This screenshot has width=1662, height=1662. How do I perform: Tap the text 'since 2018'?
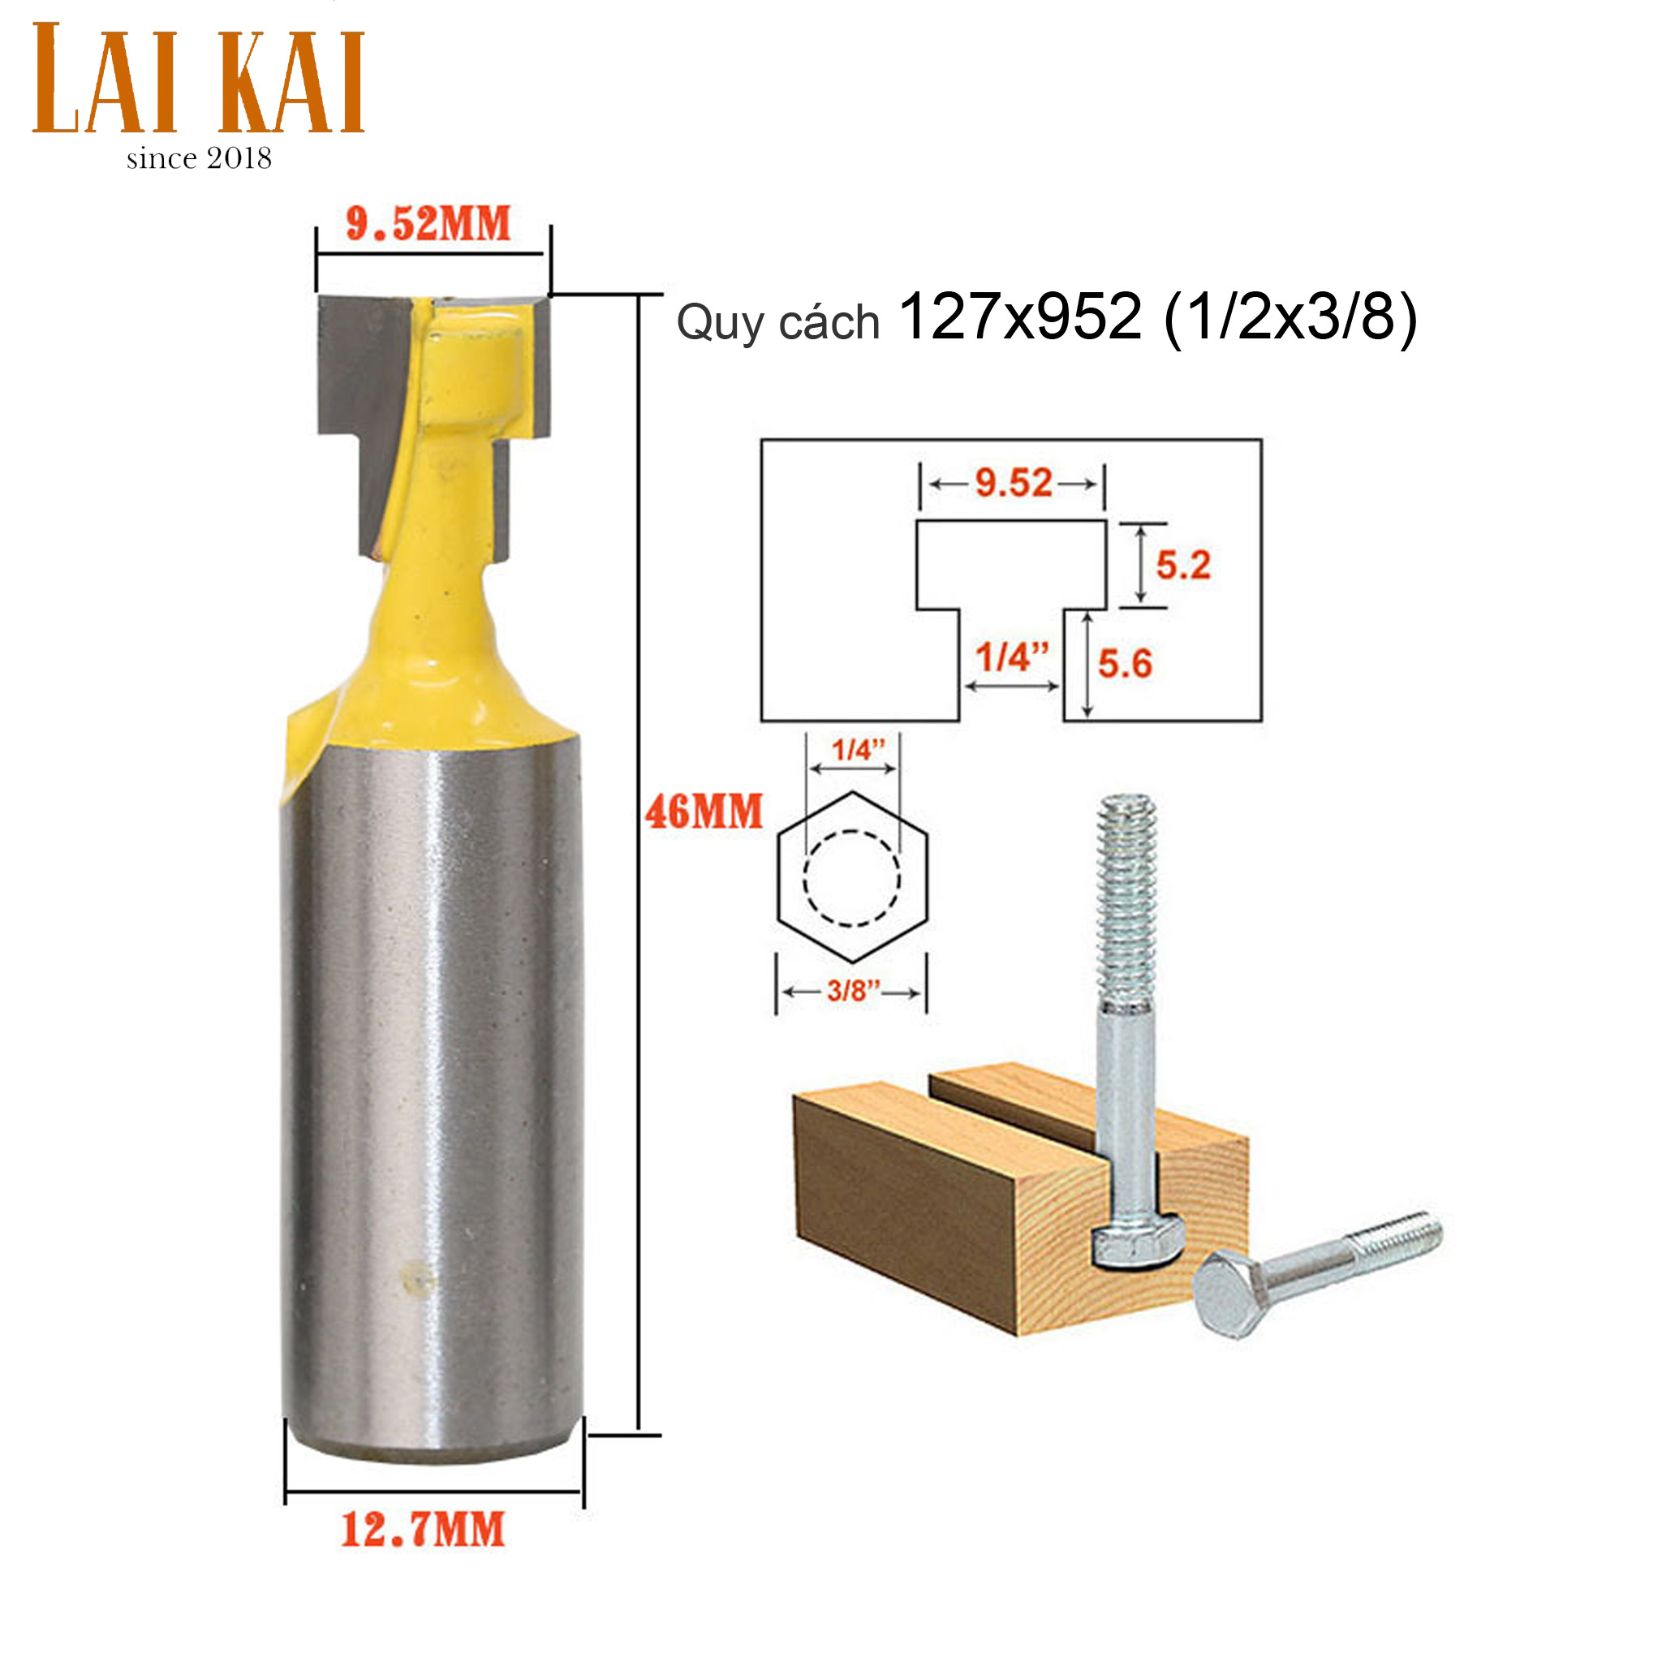click(x=199, y=158)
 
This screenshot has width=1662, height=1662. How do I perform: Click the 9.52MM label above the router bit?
click(x=428, y=224)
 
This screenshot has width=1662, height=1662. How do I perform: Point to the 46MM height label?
click(x=704, y=812)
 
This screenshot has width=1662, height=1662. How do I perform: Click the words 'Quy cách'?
click(x=777, y=324)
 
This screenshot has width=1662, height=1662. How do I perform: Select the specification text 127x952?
click(x=1020, y=316)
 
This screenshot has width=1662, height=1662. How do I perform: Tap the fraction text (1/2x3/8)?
click(x=1290, y=317)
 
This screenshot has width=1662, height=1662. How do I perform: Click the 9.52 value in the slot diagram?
click(x=1014, y=484)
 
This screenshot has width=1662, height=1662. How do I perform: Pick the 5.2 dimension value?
click(x=1183, y=565)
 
